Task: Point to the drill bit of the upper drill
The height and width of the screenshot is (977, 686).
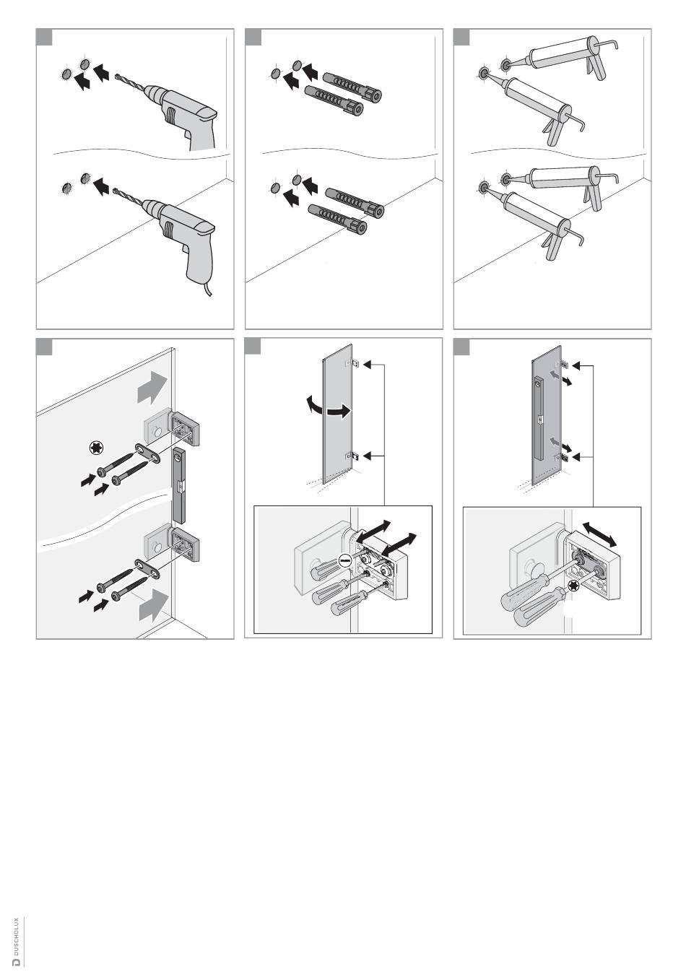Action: point(128,81)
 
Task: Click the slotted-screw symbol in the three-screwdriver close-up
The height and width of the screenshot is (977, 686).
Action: point(345,560)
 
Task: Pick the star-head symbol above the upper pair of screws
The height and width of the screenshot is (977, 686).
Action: point(95,448)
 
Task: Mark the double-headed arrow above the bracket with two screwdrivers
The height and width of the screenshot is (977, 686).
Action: point(599,535)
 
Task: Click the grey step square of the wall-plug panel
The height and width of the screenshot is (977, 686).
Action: point(253,38)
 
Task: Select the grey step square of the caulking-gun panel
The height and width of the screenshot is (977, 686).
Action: point(461,38)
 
